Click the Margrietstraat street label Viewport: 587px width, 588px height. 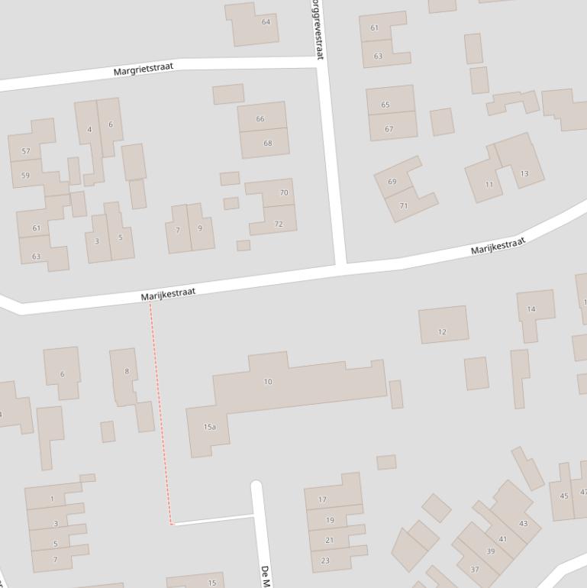[x=144, y=69]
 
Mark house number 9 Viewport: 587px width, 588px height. [x=200, y=228]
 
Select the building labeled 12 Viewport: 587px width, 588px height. [x=442, y=332]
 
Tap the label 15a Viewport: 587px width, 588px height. [x=209, y=427]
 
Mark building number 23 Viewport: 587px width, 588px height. [x=326, y=561]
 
